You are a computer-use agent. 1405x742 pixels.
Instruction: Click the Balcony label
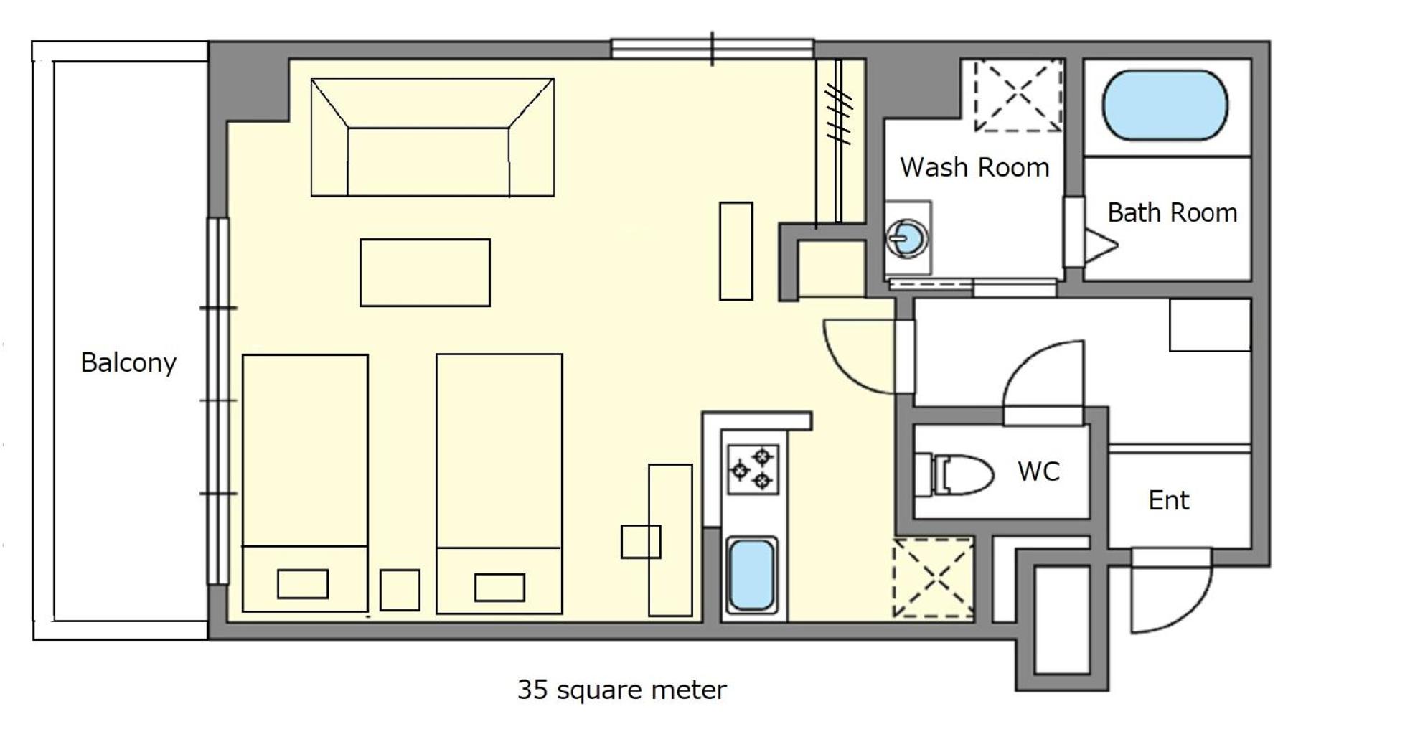tap(128, 362)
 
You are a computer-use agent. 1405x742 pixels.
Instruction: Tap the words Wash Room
tap(974, 167)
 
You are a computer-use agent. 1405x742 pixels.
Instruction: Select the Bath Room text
tap(1173, 212)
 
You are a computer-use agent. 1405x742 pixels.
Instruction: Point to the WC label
tap(1038, 471)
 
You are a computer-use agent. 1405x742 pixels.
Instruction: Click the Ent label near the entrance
tap(1169, 500)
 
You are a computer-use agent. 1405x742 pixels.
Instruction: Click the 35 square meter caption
tap(622, 690)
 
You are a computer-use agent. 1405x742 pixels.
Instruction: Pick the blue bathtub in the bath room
tap(1165, 105)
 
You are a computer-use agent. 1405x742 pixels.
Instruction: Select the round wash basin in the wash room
tap(907, 237)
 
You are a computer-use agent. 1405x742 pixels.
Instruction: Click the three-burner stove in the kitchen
tap(753, 469)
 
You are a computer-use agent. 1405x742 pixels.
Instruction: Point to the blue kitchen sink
tap(751, 575)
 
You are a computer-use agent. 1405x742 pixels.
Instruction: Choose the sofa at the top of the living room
tap(433, 137)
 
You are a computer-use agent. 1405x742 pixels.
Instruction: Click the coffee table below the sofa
tap(425, 273)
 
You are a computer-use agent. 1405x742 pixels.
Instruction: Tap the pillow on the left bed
tap(303, 584)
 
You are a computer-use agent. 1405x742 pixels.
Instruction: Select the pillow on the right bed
tap(499, 588)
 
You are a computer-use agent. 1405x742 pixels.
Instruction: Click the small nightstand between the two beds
tap(400, 590)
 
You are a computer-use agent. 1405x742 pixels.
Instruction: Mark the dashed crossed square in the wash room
tap(1018, 95)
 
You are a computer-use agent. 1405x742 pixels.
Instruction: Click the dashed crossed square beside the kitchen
tap(934, 578)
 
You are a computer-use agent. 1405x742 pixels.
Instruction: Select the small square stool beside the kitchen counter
tap(641, 542)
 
